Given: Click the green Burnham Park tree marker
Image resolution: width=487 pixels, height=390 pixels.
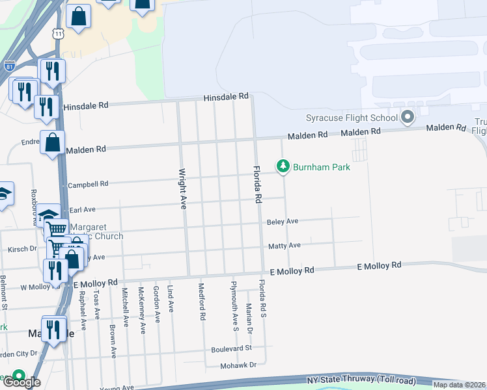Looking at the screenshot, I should pos(283,167).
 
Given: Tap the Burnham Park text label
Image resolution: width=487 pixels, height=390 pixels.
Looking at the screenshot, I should pos(321,168).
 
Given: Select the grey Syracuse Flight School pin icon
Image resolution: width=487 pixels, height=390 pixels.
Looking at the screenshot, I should pos(408,118).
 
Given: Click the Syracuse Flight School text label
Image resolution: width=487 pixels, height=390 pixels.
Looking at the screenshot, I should pos(352,118).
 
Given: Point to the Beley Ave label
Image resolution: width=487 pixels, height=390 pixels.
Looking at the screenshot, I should pos(283,222).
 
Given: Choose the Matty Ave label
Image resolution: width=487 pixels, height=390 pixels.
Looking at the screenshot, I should pos(285,246).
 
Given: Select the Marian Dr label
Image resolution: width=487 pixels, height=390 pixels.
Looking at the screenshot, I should pos(249,318).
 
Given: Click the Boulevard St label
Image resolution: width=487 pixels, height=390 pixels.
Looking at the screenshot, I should pos(230,348).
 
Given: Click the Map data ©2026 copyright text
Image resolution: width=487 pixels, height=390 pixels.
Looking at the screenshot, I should pos(459,385).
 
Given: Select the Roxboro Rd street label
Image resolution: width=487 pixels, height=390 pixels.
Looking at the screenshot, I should pos(32,207).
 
